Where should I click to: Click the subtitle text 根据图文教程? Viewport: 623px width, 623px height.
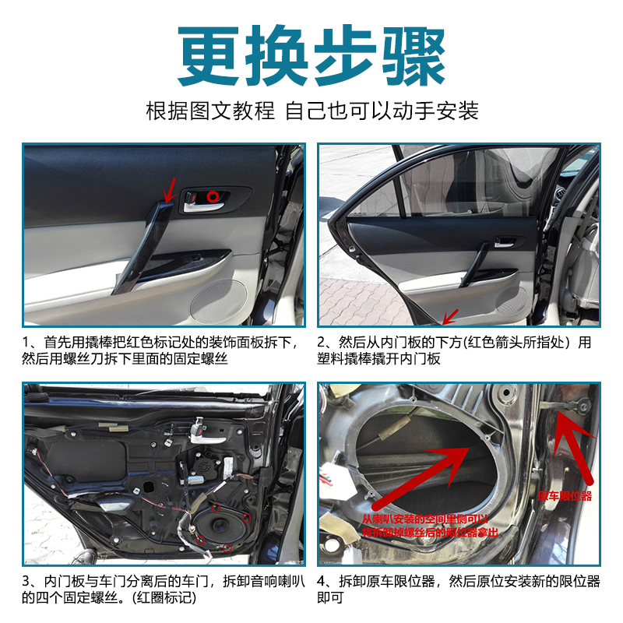(210, 111)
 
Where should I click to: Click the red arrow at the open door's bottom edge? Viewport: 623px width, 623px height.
(449, 316)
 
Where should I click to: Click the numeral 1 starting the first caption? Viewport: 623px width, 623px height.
(26, 342)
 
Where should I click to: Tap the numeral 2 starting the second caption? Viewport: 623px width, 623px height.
(322, 342)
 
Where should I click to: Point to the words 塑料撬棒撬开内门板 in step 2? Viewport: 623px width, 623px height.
(379, 359)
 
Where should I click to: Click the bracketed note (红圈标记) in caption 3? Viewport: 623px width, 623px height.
(164, 598)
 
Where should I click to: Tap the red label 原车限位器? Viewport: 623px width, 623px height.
(565, 495)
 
